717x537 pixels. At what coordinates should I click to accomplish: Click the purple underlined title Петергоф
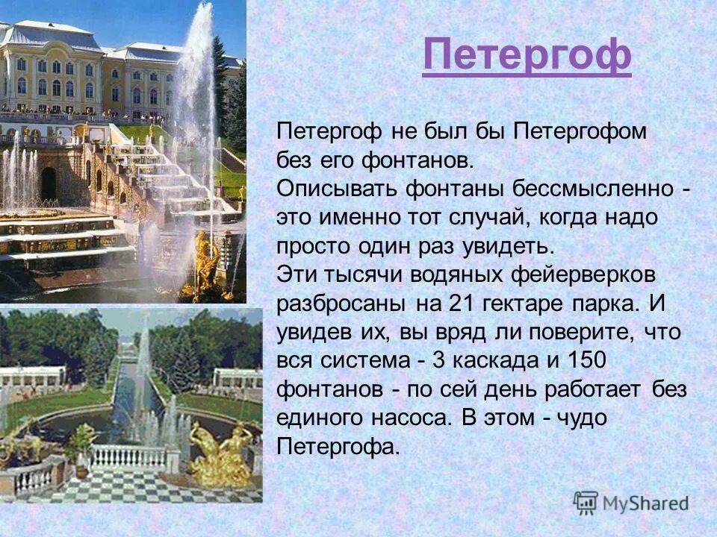[527, 54]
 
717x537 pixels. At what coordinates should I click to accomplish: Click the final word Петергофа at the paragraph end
[338, 446]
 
